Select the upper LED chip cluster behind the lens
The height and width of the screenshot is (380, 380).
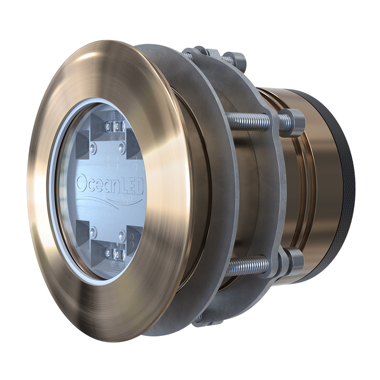click(x=114, y=126)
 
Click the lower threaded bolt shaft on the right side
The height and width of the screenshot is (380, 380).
click(x=247, y=266)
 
